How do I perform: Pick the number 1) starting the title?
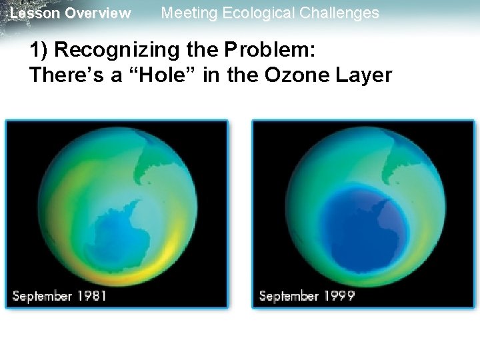point(39,51)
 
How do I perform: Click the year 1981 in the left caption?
point(90,295)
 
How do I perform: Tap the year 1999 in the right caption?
point(337,295)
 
